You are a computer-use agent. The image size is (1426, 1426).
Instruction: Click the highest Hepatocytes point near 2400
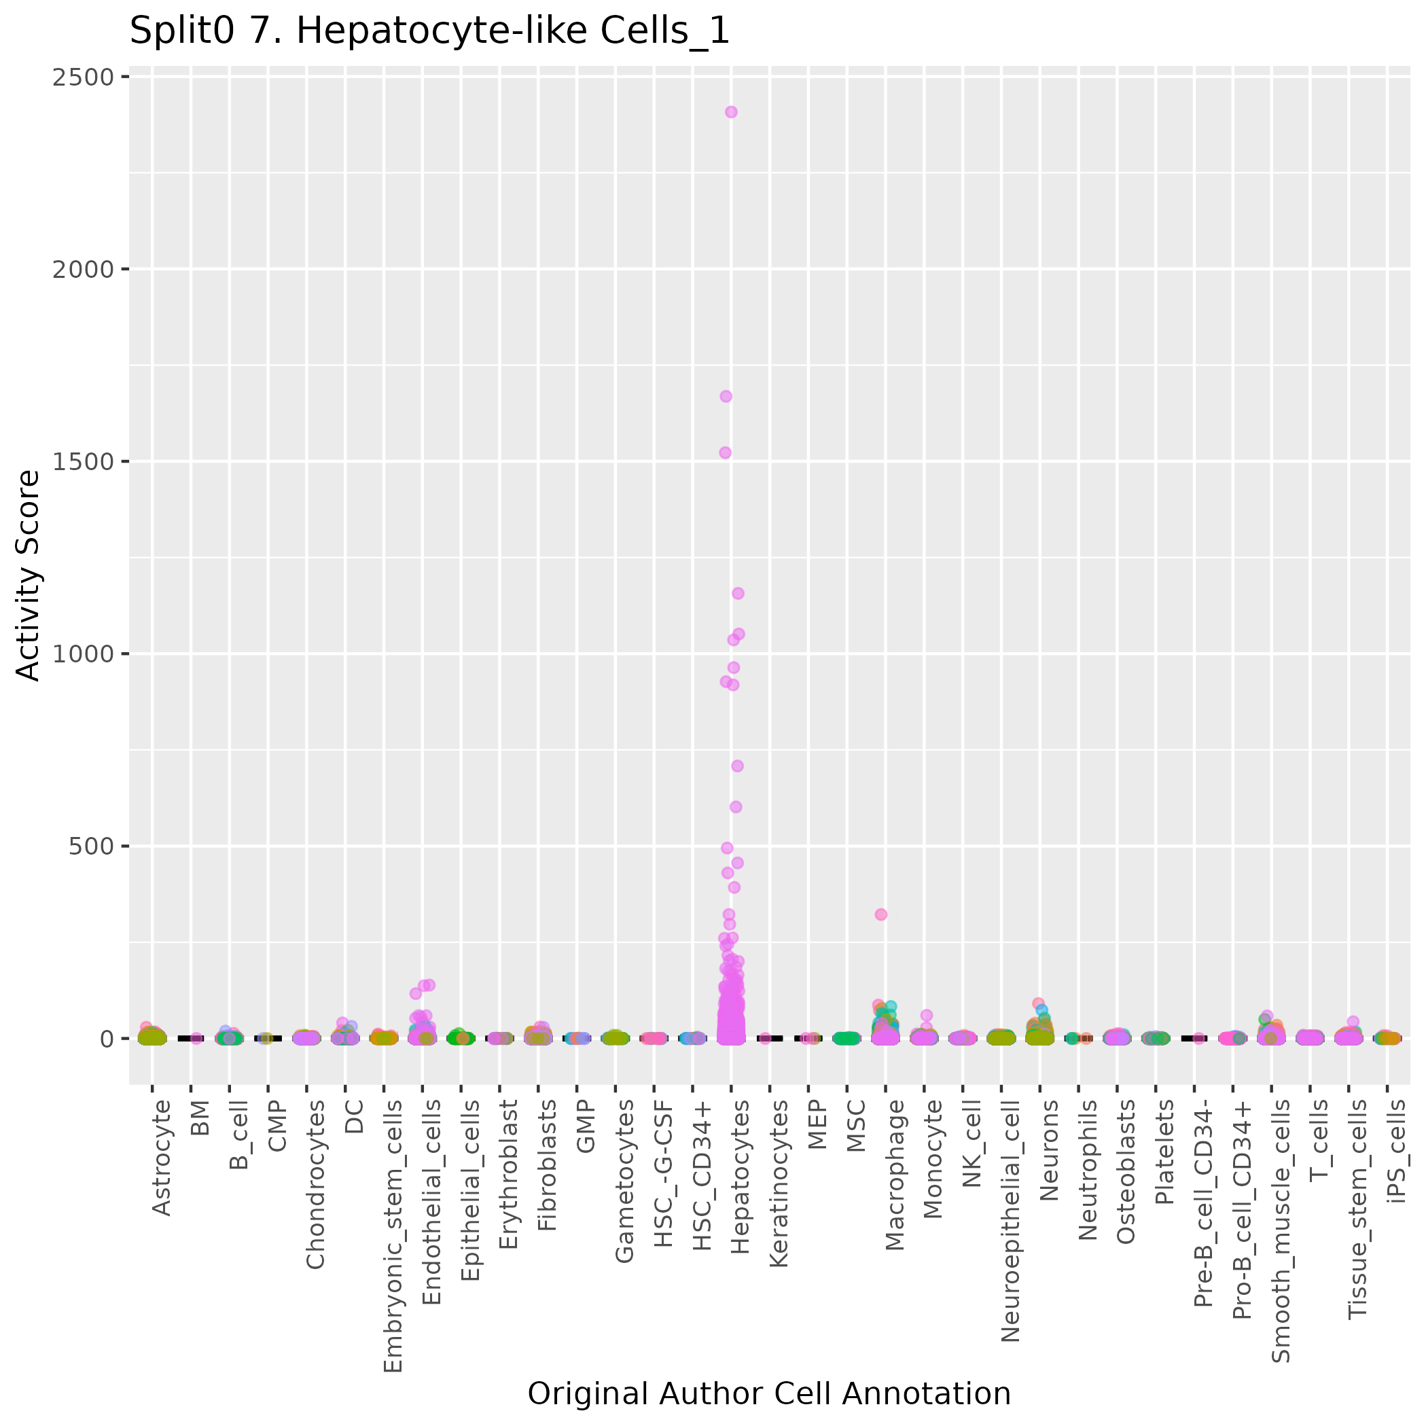[x=731, y=112]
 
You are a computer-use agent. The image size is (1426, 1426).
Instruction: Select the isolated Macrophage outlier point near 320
[x=880, y=914]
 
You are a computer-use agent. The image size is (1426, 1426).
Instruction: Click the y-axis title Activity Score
[x=28, y=575]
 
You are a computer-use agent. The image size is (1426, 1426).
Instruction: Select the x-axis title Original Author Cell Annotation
[x=769, y=1394]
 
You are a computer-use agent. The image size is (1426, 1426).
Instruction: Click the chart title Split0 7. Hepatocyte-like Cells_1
[x=429, y=32]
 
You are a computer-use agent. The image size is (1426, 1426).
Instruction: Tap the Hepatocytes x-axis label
[x=740, y=1177]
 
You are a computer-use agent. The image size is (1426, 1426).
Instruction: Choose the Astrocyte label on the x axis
[x=161, y=1158]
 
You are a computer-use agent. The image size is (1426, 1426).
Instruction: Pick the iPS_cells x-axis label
[x=1397, y=1152]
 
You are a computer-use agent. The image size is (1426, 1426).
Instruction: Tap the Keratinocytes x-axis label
[x=779, y=1184]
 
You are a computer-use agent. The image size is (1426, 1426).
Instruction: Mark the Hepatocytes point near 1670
[x=726, y=396]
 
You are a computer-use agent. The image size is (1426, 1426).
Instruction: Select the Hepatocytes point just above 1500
[x=725, y=452]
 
